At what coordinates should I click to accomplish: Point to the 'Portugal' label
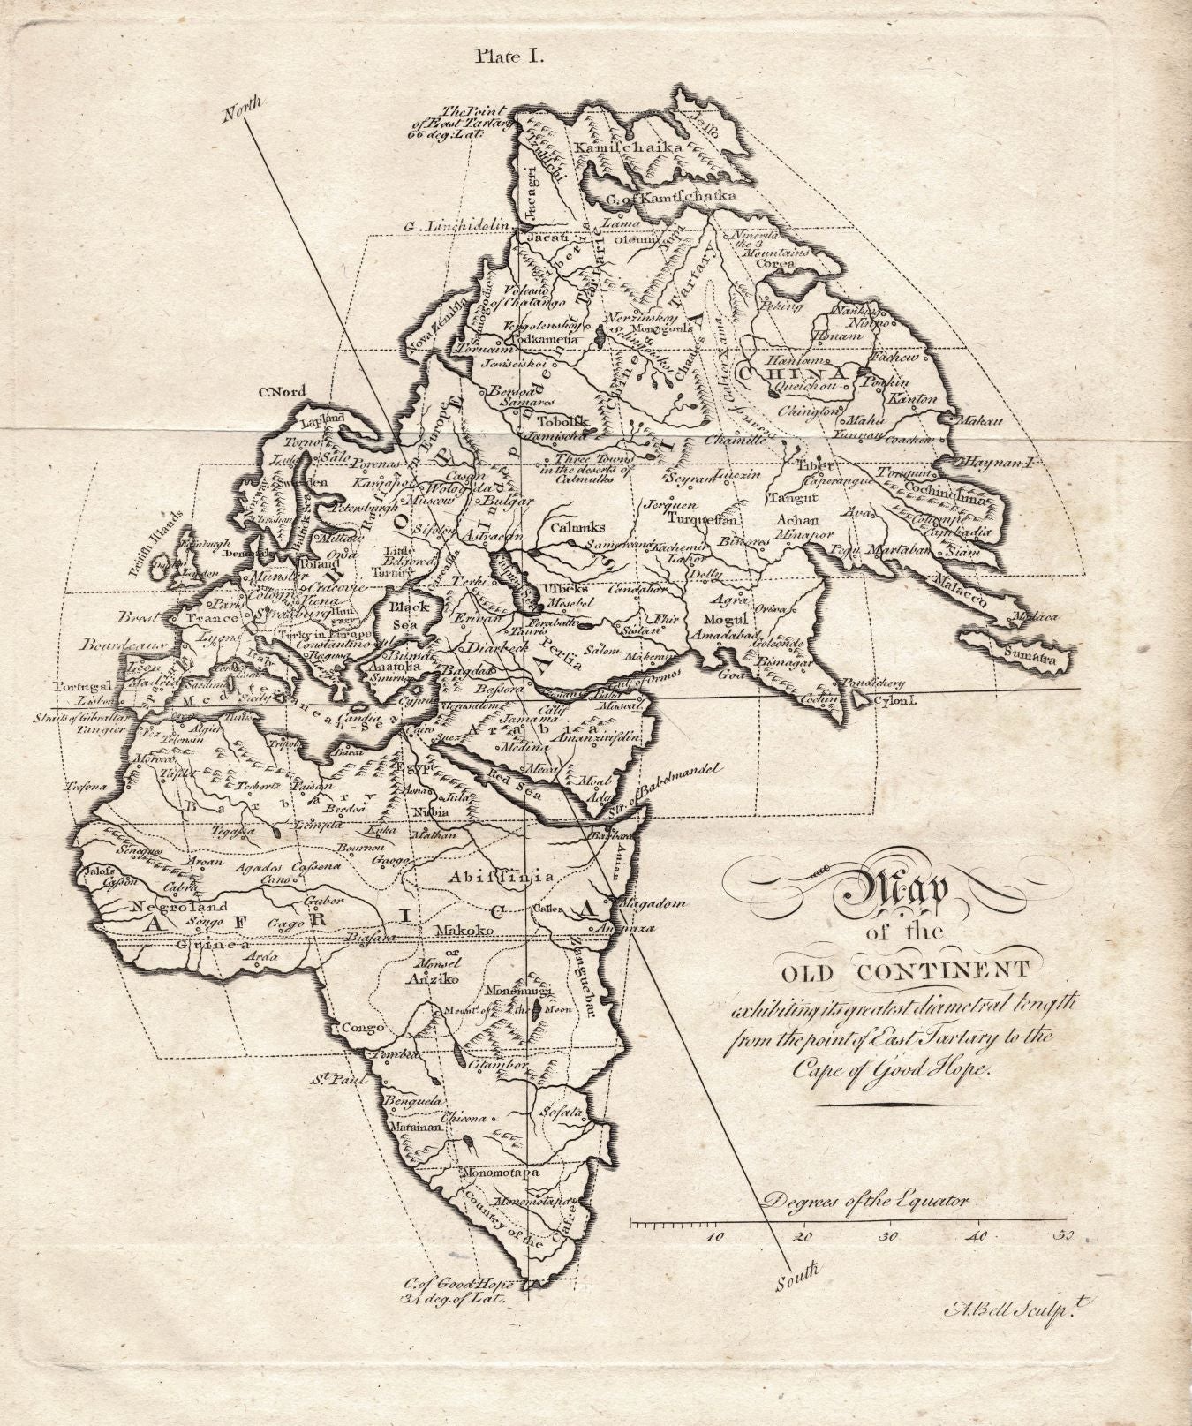pos(84,685)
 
